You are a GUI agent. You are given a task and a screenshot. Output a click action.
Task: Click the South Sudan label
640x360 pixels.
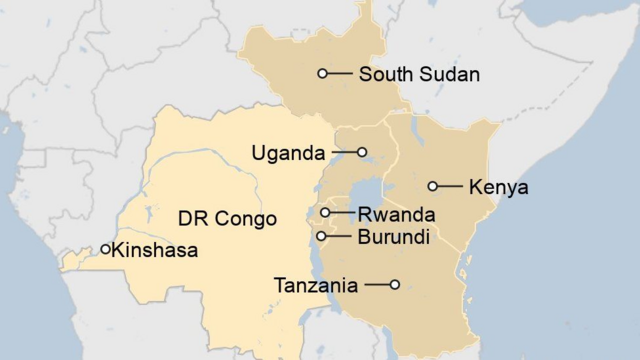(x=419, y=74)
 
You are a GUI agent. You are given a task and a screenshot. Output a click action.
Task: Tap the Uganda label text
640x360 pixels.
(x=288, y=153)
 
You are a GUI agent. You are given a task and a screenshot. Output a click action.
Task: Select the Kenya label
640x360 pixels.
(x=498, y=187)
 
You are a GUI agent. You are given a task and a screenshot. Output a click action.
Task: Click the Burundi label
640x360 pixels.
(x=393, y=237)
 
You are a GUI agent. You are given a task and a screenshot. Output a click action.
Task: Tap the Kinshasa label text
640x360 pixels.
(x=155, y=250)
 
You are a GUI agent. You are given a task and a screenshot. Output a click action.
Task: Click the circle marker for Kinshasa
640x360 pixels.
(x=106, y=249)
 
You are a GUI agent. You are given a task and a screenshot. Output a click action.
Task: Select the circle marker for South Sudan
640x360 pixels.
(x=323, y=73)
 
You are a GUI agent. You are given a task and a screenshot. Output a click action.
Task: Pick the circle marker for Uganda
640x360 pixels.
(x=363, y=153)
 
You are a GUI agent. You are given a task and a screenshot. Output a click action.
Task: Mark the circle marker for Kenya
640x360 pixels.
(x=433, y=186)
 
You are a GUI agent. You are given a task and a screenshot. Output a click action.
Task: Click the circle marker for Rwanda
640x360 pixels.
(x=326, y=213)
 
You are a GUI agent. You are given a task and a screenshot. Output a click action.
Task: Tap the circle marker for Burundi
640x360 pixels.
(x=322, y=236)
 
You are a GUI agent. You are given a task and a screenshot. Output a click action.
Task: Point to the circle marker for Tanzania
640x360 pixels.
(x=395, y=285)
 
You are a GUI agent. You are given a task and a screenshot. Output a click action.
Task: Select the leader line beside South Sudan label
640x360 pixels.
(x=340, y=73)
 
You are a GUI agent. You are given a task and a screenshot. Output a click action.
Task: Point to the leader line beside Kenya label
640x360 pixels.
(x=448, y=186)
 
